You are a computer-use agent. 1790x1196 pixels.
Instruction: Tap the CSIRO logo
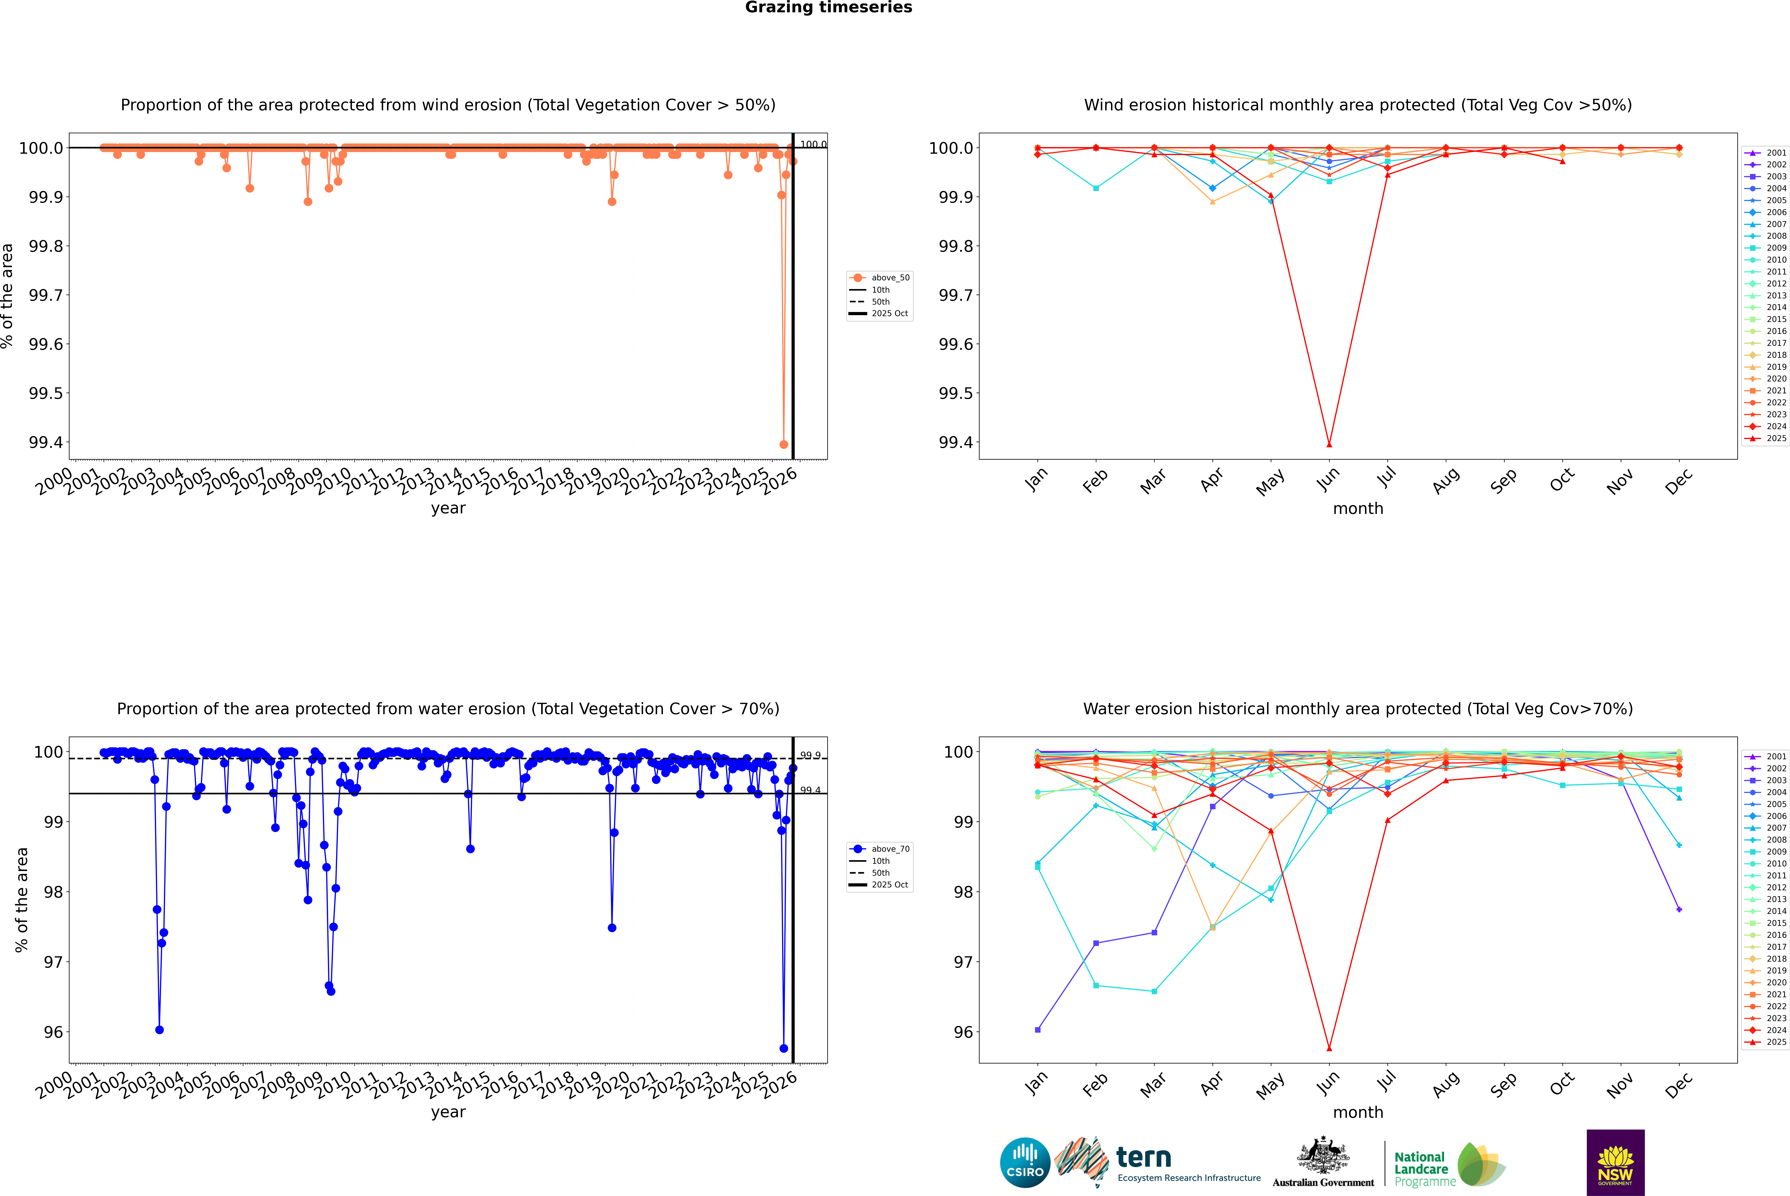click(1025, 1162)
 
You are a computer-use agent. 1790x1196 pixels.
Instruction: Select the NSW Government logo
click(1615, 1162)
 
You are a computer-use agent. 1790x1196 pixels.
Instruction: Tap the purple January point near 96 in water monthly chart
click(1038, 1030)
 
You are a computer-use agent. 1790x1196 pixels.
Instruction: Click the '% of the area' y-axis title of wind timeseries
click(8, 296)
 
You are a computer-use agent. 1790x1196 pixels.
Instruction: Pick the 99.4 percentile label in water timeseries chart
click(810, 790)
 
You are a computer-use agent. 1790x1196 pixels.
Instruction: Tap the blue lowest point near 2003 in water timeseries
click(159, 1030)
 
